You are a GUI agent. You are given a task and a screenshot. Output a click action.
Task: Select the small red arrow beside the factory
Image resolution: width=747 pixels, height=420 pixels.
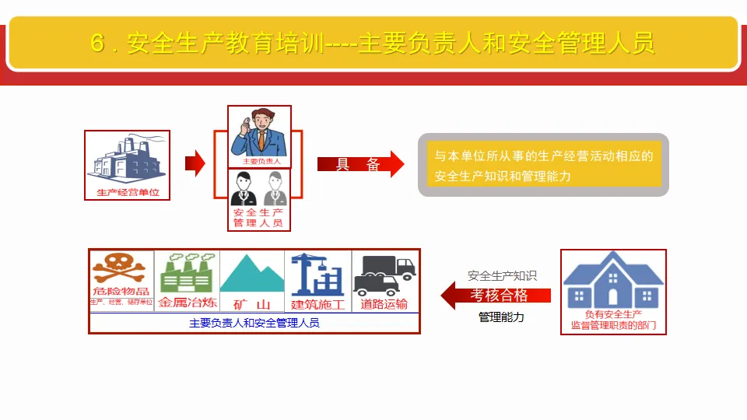pyautogui.click(x=195, y=163)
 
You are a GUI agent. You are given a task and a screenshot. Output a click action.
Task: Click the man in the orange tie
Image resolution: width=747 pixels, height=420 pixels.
pyautogui.click(x=260, y=134)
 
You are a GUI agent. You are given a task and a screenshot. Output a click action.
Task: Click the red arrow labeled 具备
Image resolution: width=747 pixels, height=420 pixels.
pyautogui.click(x=360, y=164)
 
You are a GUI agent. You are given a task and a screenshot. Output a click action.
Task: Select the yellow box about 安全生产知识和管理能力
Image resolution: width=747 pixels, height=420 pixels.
pyautogui.click(x=544, y=166)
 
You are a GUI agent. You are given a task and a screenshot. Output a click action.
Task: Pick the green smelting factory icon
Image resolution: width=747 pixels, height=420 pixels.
pyautogui.click(x=187, y=271)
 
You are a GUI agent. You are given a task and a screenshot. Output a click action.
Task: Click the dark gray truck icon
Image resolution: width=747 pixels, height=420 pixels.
pyautogui.click(x=384, y=273)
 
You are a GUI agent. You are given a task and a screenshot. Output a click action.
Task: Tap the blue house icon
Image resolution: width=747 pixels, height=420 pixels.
pyautogui.click(x=613, y=278)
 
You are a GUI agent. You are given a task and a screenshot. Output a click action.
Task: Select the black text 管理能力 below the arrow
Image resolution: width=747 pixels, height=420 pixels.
pyautogui.click(x=501, y=317)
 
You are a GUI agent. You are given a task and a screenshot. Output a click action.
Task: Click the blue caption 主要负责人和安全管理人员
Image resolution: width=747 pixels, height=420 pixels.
pyautogui.click(x=254, y=323)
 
